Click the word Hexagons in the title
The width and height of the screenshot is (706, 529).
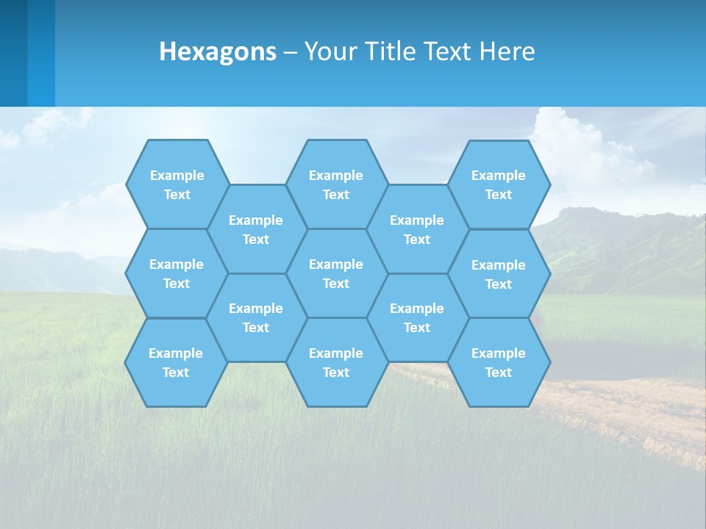[x=218, y=51]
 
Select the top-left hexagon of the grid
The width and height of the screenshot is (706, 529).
[x=176, y=184]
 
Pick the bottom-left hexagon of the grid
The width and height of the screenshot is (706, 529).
[x=176, y=362]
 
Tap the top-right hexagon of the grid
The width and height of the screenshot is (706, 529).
[x=499, y=184]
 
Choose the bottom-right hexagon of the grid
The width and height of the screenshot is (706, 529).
[x=499, y=362]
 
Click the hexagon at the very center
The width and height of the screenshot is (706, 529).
[x=336, y=273]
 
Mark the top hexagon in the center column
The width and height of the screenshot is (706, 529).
[x=336, y=184]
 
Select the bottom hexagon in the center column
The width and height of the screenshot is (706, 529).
[x=336, y=362]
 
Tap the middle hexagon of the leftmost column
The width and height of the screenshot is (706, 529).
[x=176, y=273]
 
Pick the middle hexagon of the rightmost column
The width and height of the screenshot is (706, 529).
[x=499, y=274]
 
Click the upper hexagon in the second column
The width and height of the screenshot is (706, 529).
[x=256, y=229]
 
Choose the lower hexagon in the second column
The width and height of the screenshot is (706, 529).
[x=256, y=317]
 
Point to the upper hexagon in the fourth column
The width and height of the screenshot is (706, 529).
[x=417, y=229]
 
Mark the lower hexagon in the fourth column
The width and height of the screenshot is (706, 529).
[x=417, y=317]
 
